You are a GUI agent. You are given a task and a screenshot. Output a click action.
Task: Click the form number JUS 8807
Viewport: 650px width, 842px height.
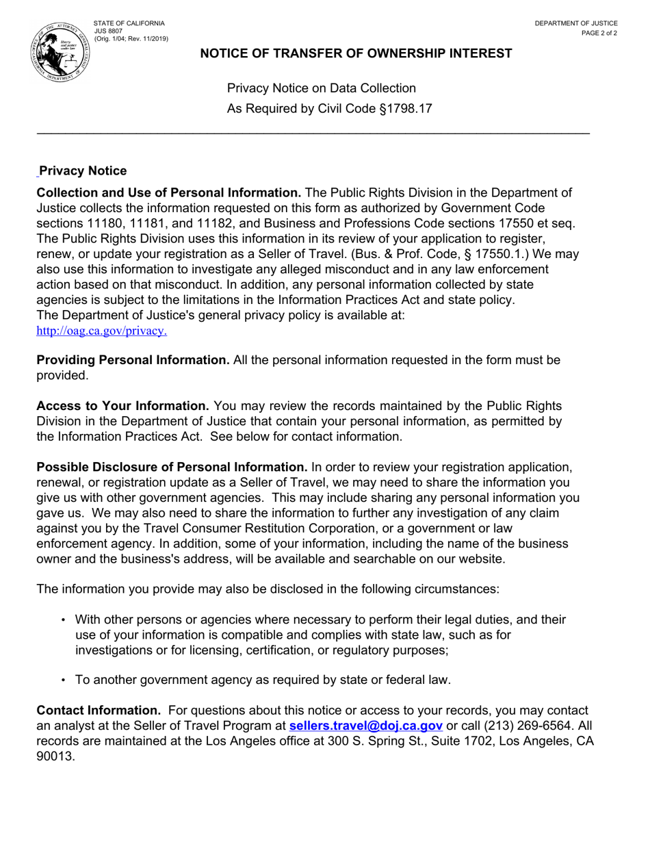pyautogui.click(x=108, y=31)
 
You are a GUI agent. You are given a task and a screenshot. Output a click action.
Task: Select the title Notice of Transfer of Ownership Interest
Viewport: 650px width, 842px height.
pyautogui.click(x=356, y=53)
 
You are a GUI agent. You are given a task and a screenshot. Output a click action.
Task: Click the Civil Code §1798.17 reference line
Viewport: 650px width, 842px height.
pyautogui.click(x=329, y=108)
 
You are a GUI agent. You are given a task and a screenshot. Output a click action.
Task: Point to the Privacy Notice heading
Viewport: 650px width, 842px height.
pyautogui.click(x=83, y=170)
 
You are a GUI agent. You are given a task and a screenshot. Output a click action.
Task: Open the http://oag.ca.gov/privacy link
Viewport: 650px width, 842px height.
pyautogui.click(x=101, y=331)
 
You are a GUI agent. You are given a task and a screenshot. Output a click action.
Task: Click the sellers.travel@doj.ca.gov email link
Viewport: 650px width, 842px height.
pyautogui.click(x=366, y=726)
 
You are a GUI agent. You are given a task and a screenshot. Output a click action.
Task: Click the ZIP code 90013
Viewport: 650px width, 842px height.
pyautogui.click(x=55, y=756)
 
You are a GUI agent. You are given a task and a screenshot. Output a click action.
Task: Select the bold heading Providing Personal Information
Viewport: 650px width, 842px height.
pyautogui.click(x=133, y=360)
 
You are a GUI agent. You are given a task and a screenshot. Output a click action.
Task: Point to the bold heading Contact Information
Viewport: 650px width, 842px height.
pyautogui.click(x=99, y=711)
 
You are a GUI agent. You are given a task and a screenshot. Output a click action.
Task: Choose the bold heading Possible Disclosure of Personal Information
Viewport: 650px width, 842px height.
pyautogui.click(x=172, y=467)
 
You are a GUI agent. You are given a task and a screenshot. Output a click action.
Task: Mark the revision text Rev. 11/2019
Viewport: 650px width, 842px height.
pyautogui.click(x=146, y=38)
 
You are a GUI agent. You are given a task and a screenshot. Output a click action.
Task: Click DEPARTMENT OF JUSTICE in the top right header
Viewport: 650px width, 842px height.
pyautogui.click(x=576, y=23)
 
